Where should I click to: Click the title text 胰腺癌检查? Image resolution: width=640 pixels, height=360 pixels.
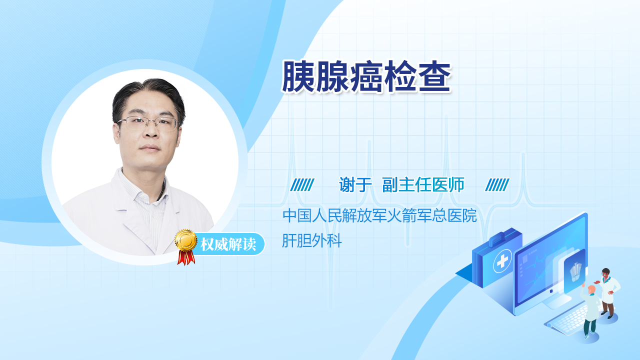click(366, 76)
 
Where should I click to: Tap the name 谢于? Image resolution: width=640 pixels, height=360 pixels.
click(355, 184)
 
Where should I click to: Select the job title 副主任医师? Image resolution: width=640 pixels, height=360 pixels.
click(423, 184)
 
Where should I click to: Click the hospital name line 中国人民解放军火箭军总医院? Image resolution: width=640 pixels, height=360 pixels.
click(379, 215)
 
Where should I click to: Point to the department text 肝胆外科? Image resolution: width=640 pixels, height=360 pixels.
click(312, 240)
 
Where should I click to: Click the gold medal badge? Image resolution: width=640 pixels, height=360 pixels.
click(186, 240)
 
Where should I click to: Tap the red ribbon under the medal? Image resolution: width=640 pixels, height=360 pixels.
click(186, 257)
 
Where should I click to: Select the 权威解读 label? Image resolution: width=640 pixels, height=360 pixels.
click(228, 244)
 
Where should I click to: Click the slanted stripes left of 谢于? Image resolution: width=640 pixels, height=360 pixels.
click(302, 185)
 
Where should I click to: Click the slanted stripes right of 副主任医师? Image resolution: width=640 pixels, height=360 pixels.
click(497, 185)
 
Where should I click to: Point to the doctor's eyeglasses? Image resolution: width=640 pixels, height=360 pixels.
click(148, 123)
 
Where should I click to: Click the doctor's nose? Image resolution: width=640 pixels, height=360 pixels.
click(151, 131)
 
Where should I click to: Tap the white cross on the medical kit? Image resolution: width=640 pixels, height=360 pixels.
click(502, 261)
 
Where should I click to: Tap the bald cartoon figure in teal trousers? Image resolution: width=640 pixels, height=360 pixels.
click(589, 311)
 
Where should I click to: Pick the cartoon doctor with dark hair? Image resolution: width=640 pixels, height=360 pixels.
click(607, 293)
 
